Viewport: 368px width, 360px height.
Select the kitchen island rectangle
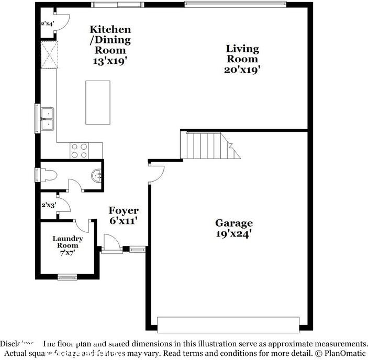pyautogui.click(x=98, y=102)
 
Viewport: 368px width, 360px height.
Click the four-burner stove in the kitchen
pyautogui.click(x=79, y=150)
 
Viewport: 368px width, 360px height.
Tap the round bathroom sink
pyautogui.click(x=96, y=175)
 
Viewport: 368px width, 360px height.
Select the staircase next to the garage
pyautogui.click(x=207, y=145)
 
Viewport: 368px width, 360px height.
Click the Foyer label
pyautogui.click(x=124, y=211)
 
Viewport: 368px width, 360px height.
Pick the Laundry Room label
pyautogui.click(x=68, y=242)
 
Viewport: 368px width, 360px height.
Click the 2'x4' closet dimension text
pyautogui.click(x=48, y=24)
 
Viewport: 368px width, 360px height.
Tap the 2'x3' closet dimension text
pyautogui.click(x=48, y=205)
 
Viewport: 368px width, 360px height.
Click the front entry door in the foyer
pyautogui.click(x=112, y=243)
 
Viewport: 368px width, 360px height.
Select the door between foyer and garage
pyautogui.click(x=156, y=173)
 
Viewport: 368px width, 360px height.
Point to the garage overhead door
pyautogui.click(x=229, y=324)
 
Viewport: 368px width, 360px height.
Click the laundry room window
pyautogui.click(x=67, y=277)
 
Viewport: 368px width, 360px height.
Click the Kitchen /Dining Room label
pyautogui.click(x=110, y=40)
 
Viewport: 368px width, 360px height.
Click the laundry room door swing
pyautogui.click(x=82, y=226)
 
